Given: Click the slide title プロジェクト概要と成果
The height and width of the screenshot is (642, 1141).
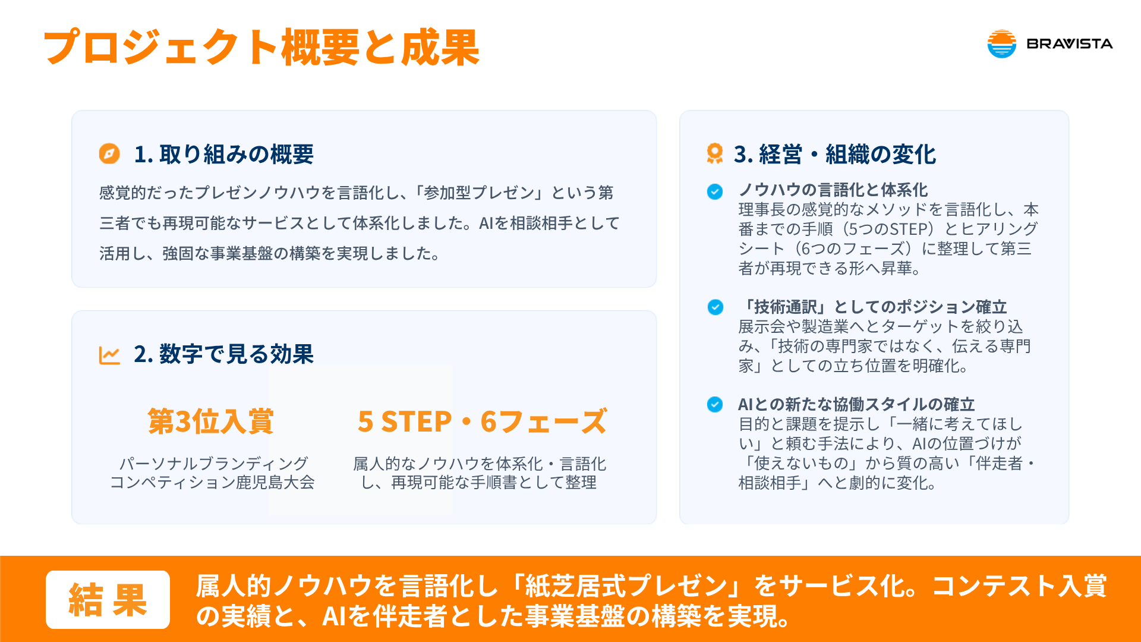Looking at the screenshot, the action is click(261, 48).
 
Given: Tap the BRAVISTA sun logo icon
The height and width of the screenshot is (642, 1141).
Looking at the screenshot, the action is click(1002, 43).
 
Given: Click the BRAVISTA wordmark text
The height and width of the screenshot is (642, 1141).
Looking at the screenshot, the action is click(1070, 43).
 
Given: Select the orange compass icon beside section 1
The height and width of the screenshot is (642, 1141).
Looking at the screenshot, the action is click(109, 153).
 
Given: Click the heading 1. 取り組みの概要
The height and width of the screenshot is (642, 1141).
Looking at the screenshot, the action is click(224, 154).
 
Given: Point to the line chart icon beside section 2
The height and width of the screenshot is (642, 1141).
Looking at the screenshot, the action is click(109, 355).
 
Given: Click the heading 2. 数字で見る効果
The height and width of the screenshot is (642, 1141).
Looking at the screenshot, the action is click(224, 354).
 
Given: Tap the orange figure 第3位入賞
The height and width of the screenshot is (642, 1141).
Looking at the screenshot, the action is click(211, 421).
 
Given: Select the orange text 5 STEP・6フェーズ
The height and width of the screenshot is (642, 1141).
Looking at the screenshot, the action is click(483, 421).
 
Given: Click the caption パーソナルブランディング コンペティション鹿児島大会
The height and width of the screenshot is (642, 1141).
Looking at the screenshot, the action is click(212, 473).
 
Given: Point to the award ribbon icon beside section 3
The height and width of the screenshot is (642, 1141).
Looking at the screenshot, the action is click(715, 153).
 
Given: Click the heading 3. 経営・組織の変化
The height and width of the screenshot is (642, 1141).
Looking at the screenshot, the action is click(835, 154).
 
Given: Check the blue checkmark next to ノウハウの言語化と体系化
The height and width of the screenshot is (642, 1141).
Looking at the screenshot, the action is click(715, 191).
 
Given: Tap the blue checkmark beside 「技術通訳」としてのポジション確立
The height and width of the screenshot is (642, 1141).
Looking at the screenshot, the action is click(716, 307).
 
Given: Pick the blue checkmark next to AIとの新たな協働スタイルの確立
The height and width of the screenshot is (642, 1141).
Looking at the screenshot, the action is click(715, 404).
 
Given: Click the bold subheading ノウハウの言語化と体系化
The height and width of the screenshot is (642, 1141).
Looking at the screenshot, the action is click(833, 190).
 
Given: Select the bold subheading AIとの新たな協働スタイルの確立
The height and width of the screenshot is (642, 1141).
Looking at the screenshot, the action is click(856, 404).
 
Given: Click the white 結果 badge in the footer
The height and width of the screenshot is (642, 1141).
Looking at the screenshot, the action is click(108, 600).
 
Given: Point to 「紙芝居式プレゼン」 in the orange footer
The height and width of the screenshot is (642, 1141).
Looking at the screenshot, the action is click(626, 586).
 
